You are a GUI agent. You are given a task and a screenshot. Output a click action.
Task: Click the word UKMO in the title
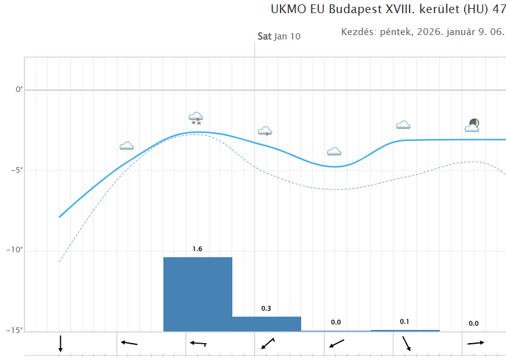[x=286, y=10]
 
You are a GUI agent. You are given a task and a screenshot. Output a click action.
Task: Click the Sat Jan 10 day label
[x=279, y=36]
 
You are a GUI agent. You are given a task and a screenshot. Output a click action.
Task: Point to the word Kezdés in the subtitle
[x=358, y=32]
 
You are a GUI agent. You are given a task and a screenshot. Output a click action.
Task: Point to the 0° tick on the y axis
[x=19, y=90]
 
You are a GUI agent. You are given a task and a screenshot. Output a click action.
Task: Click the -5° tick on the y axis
[x=18, y=170]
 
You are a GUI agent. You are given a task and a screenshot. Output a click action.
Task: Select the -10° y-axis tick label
[x=16, y=250]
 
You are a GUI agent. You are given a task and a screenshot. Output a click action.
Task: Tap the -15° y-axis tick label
[x=16, y=331]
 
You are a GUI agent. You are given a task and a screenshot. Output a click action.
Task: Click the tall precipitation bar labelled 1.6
[x=197, y=294]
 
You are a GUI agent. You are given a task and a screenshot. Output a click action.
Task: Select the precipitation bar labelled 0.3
[x=266, y=324]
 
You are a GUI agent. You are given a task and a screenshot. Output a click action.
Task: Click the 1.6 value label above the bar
[x=197, y=249]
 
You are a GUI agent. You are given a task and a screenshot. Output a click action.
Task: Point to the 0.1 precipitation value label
[x=405, y=322]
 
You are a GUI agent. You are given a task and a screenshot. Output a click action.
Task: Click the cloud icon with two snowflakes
[x=196, y=118]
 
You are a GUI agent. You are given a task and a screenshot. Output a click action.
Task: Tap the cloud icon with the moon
[x=473, y=126]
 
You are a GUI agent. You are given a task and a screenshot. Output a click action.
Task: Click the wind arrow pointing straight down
[x=60, y=343]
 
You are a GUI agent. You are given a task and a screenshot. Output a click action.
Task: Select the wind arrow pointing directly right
[x=476, y=342]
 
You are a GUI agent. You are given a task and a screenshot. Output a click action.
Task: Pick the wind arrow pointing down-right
[x=406, y=343]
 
